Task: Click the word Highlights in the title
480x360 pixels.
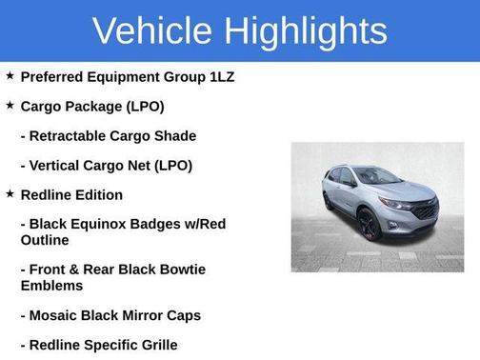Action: [308, 30]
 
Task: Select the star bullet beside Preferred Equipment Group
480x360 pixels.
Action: [10, 75]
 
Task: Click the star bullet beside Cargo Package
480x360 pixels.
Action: [10, 105]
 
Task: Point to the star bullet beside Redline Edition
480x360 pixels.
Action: [10, 193]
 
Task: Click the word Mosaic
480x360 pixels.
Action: [55, 314]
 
